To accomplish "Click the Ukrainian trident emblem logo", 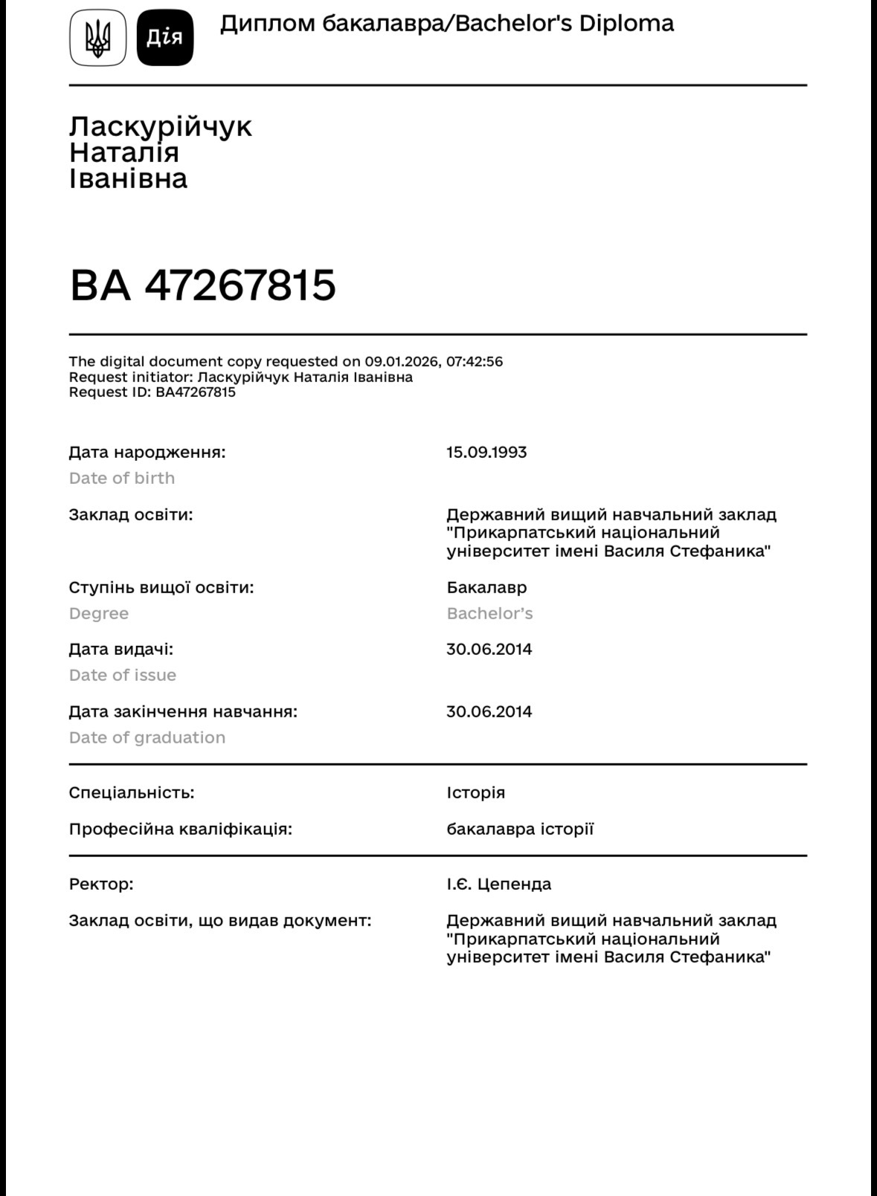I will click(98, 38).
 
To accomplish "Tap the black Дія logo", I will click(165, 38).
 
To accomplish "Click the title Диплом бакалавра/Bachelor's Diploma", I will click(446, 24).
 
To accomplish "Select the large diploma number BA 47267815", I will click(202, 285).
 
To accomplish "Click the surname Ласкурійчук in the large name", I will click(161, 126).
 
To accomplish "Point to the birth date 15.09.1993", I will click(486, 452).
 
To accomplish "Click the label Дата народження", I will click(147, 452).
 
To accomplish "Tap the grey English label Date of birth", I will click(122, 478).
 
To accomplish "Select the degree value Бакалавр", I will click(486, 587).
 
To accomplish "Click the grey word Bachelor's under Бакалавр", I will click(489, 613).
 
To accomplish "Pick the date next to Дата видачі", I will click(489, 649).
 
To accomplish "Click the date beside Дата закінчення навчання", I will click(489, 711).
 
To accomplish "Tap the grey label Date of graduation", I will click(147, 737).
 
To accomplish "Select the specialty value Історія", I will click(475, 792).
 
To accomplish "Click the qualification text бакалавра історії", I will click(520, 829).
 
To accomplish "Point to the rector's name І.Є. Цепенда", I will click(499, 884).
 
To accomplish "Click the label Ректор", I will click(101, 884).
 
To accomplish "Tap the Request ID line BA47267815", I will click(152, 392).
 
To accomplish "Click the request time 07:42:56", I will click(474, 362).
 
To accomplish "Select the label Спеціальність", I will click(132, 792).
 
